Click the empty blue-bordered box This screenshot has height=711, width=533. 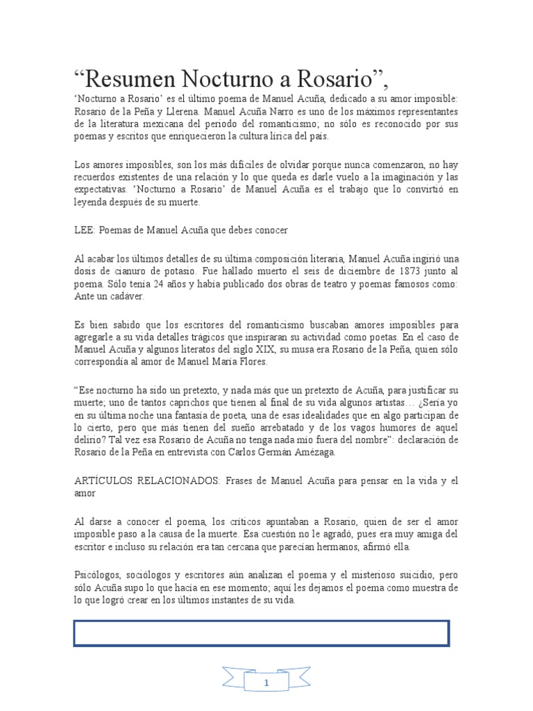click(x=261, y=633)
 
